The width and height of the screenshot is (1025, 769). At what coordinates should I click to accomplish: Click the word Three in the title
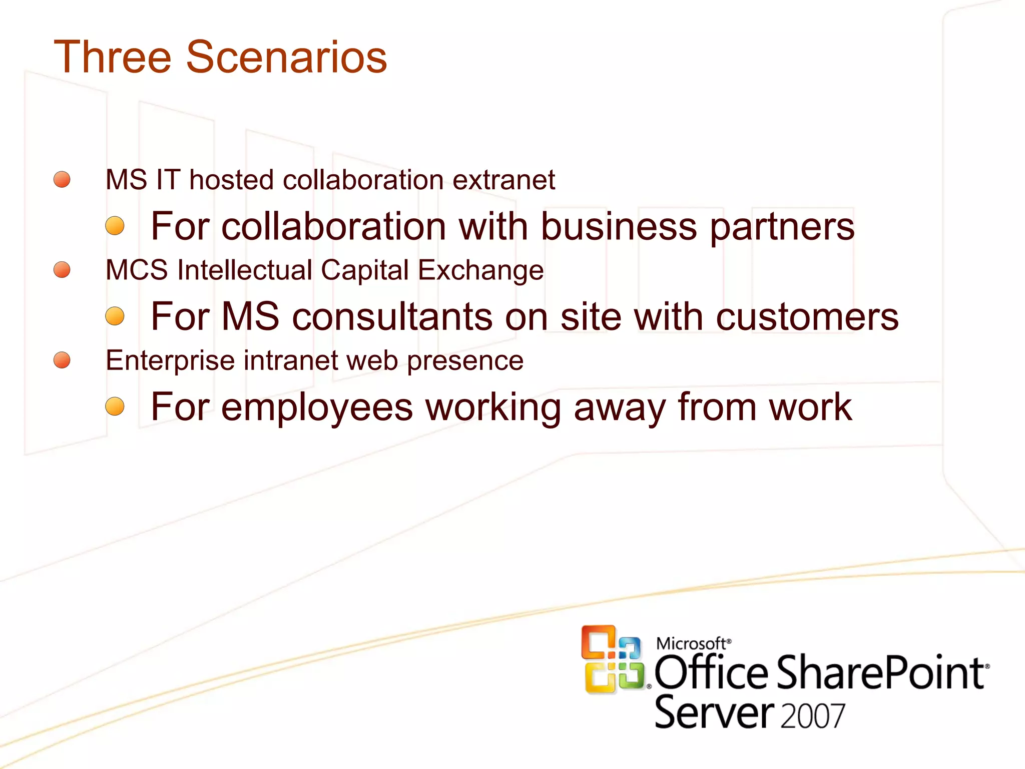[x=113, y=57]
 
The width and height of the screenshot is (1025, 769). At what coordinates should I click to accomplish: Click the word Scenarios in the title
[x=286, y=57]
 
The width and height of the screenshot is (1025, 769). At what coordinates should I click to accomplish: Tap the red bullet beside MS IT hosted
[x=62, y=179]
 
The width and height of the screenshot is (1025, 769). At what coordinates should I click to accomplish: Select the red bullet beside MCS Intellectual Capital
[x=62, y=269]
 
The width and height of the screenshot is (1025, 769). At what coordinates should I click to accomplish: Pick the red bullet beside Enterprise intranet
[x=62, y=360]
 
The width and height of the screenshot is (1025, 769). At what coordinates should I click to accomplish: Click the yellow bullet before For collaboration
[x=115, y=226]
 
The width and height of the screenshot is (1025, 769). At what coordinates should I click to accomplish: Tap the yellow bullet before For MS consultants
[x=115, y=316]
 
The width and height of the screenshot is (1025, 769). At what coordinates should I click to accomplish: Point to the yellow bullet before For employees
[x=115, y=406]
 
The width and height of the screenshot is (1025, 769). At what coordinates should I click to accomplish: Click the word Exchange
[x=480, y=271]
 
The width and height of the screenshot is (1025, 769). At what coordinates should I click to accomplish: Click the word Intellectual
[x=245, y=270]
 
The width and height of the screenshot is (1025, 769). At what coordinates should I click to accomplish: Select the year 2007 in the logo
[x=812, y=716]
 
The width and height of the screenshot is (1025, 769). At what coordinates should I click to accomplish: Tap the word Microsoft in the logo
[x=691, y=643]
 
